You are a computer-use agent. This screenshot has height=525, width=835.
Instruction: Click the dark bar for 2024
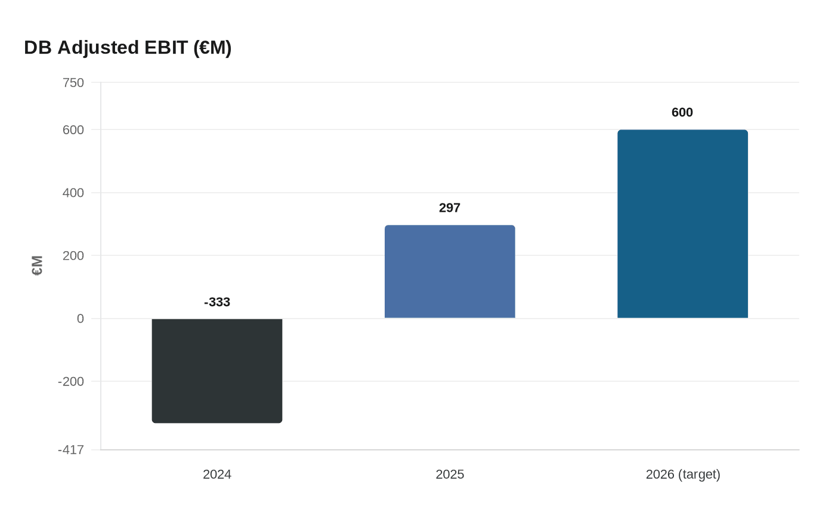pos(217,370)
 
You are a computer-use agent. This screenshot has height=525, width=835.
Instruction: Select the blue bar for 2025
pos(450,271)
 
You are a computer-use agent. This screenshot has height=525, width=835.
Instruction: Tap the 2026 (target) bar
pos(682,224)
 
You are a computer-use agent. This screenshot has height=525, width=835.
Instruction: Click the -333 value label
pos(217,302)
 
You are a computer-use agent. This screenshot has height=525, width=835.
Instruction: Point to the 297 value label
pos(450,208)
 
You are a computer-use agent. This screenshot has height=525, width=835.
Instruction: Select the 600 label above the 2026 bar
pos(682,113)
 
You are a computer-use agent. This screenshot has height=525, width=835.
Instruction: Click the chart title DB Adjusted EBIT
pos(128,48)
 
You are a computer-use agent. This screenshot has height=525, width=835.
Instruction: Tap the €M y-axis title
pos(38,265)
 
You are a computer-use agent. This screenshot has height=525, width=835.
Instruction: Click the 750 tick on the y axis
pos(73,83)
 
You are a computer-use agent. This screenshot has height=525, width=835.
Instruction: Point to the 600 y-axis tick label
pos(73,130)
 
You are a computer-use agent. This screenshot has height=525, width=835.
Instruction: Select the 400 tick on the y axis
pos(73,193)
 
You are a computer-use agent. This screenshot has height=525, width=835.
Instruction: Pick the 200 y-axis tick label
pos(73,256)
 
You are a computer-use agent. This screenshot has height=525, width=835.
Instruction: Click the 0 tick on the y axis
pos(81,319)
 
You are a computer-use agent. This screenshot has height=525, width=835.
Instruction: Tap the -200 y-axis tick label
pos(71,382)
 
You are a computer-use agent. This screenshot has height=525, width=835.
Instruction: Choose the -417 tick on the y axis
pos(71,450)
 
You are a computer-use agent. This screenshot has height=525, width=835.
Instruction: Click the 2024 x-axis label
pos(217,475)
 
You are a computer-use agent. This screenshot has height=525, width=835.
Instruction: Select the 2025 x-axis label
pos(450,475)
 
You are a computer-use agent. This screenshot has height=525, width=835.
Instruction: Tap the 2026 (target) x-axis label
pos(683,475)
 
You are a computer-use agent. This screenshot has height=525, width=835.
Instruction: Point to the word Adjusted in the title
pos(100,48)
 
